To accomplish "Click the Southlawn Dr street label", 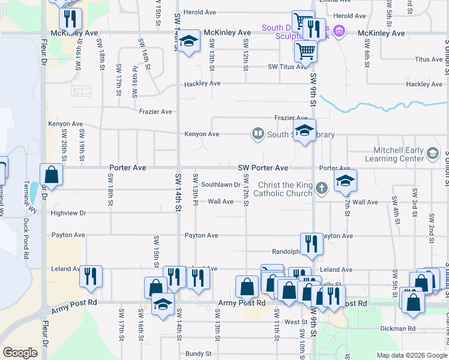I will (x=220, y=185).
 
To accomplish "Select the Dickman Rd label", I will (x=397, y=329).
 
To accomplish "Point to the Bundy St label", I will (x=198, y=354).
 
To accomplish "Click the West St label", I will (x=296, y=322).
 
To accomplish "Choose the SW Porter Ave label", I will (x=263, y=168).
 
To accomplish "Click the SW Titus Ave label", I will (x=288, y=67).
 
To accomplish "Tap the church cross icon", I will (x=322, y=188).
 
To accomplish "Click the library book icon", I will (x=258, y=133).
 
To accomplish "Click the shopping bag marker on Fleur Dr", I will (x=52, y=175).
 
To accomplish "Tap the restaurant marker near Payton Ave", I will (x=311, y=243).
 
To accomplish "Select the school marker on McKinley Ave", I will (x=188, y=41).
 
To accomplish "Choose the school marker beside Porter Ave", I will (x=345, y=181).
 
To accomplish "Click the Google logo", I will (x=20, y=353).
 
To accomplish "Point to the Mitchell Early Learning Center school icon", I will (x=432, y=154).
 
